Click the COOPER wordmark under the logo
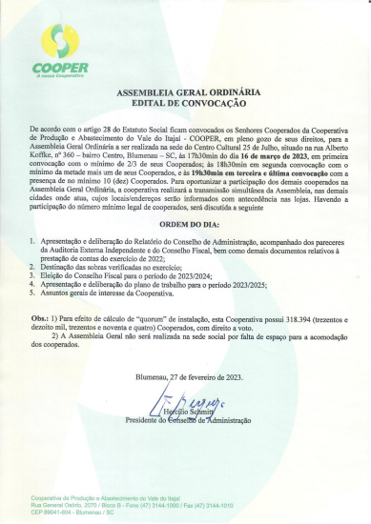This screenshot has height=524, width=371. [x=59, y=68]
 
